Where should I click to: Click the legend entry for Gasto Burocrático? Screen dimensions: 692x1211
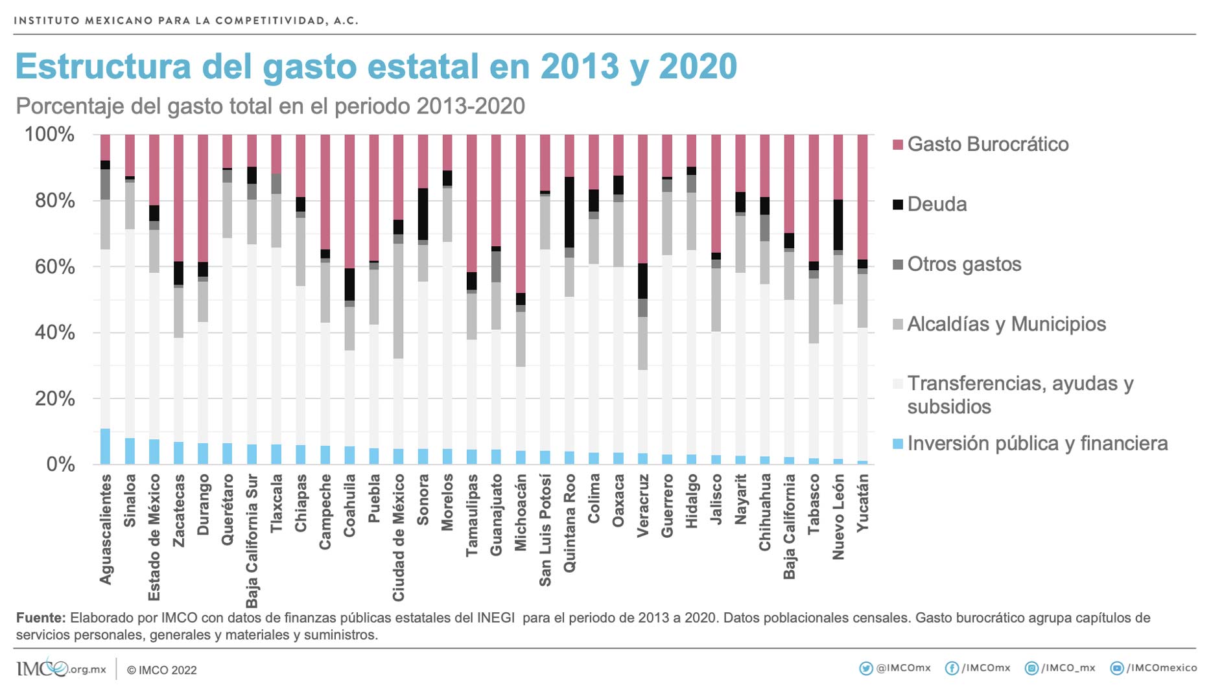point(987,144)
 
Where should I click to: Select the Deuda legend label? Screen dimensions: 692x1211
point(936,204)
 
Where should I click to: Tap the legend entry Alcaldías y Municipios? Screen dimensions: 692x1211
point(1005,324)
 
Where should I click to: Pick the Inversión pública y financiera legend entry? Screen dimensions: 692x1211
point(1037,443)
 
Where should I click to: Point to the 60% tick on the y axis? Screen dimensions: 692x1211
point(54,266)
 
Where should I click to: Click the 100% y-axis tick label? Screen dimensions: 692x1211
point(49,135)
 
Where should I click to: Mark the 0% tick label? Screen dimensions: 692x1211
point(60,464)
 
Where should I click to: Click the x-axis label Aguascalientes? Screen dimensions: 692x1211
point(106,529)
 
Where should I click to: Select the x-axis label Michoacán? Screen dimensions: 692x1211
point(521,513)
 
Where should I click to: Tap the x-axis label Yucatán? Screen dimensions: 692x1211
point(862,503)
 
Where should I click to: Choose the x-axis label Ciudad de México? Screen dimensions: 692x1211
point(399,537)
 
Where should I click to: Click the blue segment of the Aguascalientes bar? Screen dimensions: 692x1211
point(105,446)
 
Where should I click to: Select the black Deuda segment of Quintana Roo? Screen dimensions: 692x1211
point(569,212)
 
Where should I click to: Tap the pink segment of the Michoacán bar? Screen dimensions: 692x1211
point(521,213)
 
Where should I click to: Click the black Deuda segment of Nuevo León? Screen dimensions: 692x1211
point(838,225)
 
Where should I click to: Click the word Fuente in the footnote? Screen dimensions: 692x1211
point(40,617)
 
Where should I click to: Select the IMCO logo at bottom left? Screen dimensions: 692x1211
point(43,669)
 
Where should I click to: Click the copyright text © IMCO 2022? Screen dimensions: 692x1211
point(161,670)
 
